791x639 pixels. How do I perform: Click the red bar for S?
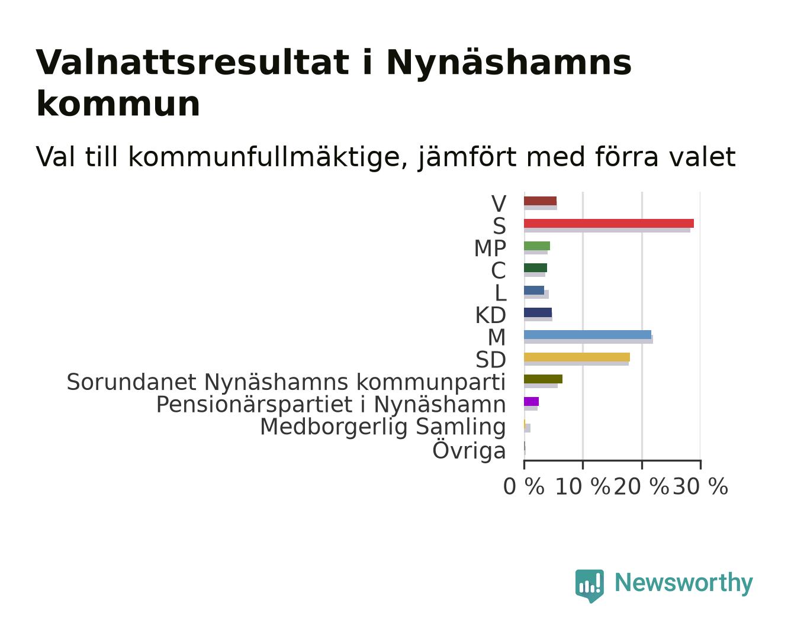click(609, 224)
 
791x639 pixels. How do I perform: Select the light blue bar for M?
click(587, 335)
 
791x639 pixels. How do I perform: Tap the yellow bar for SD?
click(577, 357)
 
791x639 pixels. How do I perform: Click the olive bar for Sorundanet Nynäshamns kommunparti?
click(543, 379)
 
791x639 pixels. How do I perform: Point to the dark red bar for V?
click(541, 201)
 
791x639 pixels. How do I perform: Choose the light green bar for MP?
click(537, 246)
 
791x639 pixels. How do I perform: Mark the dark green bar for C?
click(535, 268)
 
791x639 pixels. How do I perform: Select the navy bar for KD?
click(538, 312)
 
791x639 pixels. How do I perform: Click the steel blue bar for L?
click(534, 290)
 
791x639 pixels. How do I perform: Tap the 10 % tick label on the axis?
click(583, 486)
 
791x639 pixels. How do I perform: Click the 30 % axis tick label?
click(700, 486)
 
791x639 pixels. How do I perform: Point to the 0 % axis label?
click(523, 486)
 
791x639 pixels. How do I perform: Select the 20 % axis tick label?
click(641, 486)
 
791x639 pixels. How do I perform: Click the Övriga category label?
click(469, 450)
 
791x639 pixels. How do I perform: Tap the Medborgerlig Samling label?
click(383, 427)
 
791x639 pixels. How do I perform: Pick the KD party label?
click(491, 315)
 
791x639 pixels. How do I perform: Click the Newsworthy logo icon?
click(590, 586)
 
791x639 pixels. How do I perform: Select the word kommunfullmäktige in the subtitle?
click(268, 157)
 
